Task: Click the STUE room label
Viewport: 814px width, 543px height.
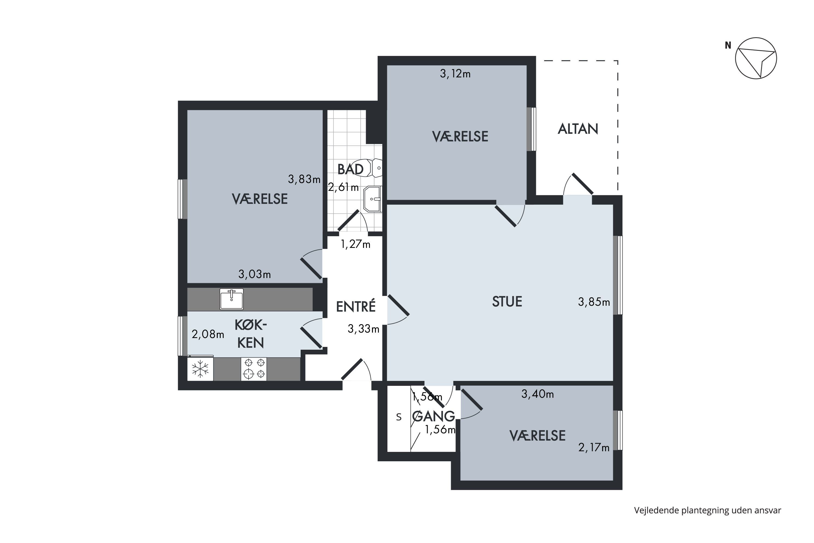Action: point(507,302)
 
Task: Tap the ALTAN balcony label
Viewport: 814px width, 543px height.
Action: point(578,129)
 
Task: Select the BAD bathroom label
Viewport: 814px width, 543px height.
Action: point(350,169)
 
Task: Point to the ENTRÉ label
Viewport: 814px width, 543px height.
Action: point(356,307)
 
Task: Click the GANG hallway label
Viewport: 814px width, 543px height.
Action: point(434,416)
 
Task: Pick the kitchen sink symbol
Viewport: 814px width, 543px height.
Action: point(231,299)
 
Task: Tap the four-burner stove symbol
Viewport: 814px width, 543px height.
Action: point(254,369)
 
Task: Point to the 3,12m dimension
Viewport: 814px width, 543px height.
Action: point(455,74)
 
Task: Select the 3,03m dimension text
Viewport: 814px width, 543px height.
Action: point(255,274)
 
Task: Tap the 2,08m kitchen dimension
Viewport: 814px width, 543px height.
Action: point(208,334)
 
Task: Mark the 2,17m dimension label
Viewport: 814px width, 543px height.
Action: point(594,448)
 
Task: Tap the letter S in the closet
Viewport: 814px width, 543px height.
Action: point(399,417)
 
